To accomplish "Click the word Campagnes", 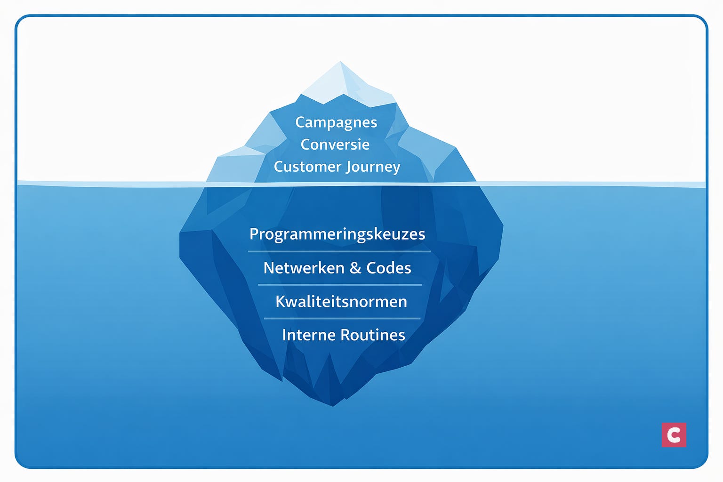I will [x=336, y=122].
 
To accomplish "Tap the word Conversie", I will [x=335, y=145].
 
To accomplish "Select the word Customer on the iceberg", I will [x=307, y=167].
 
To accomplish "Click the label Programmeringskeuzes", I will [x=337, y=234].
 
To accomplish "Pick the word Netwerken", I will [x=304, y=268].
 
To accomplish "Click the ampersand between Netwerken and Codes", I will [x=355, y=268].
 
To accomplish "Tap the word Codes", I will [x=389, y=268].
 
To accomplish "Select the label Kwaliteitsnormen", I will [x=341, y=301].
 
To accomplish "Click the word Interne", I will [x=309, y=335].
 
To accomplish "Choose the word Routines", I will [x=373, y=335].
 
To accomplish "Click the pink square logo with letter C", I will [x=674, y=434].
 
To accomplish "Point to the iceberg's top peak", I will [x=340, y=62].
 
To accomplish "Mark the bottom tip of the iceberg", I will [x=333, y=405].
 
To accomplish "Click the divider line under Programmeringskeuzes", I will [x=339, y=252].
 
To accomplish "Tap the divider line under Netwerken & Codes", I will [x=340, y=285].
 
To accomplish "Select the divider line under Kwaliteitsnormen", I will [x=342, y=319].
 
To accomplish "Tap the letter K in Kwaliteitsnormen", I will [x=281, y=301].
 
